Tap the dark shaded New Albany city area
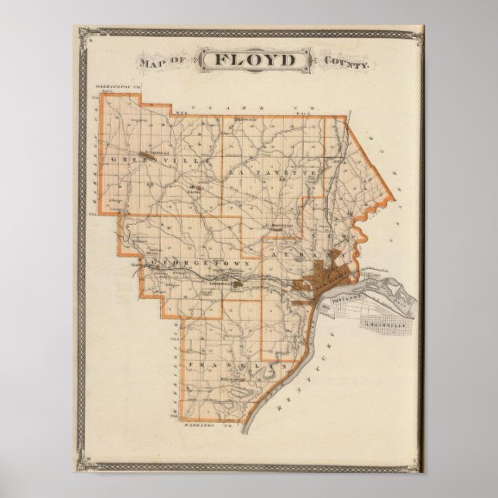coord(318,278)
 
